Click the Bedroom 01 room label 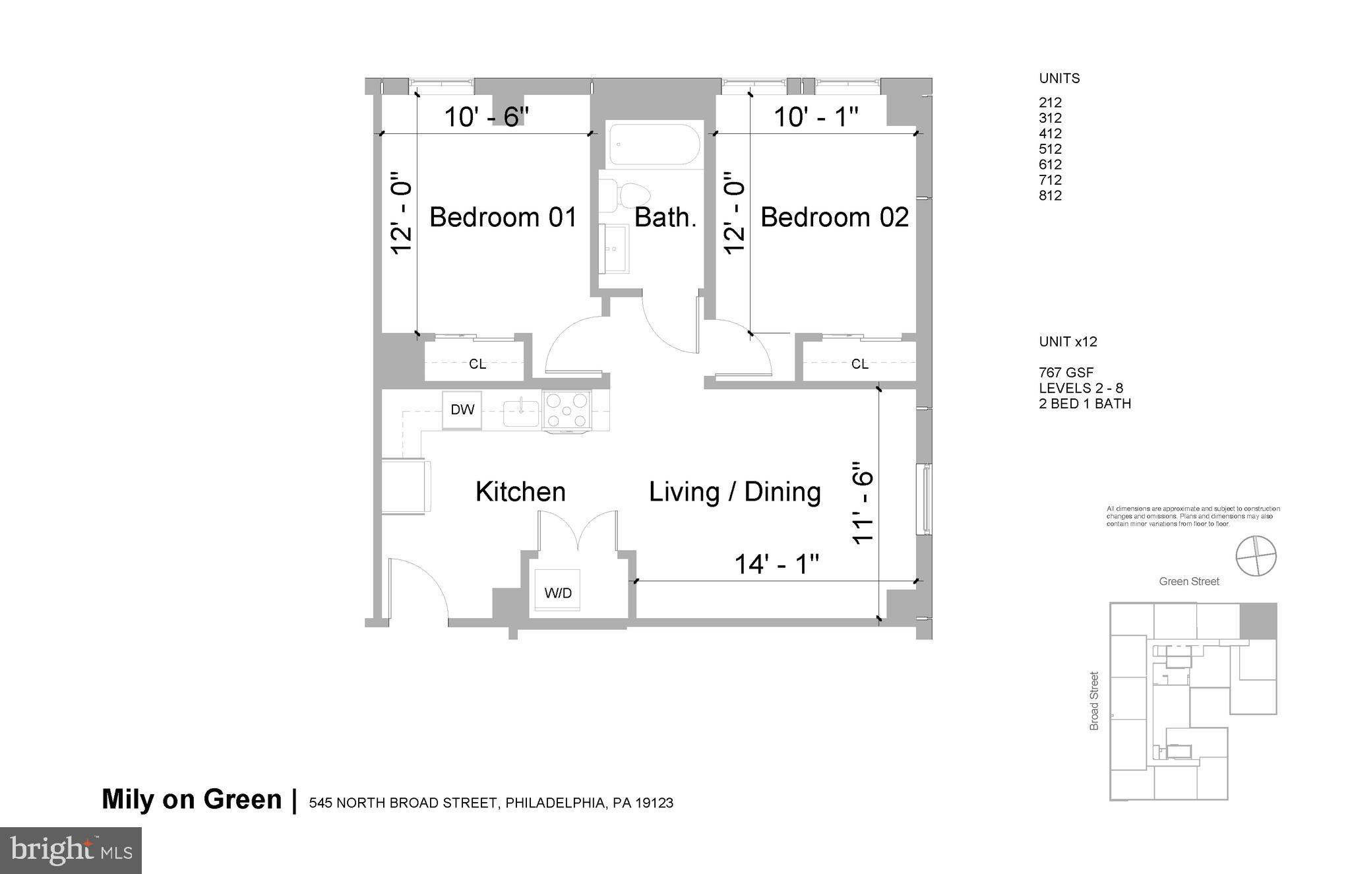(x=503, y=217)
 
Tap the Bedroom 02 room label (x=834, y=217)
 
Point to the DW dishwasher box (x=462, y=410)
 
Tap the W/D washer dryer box (x=557, y=592)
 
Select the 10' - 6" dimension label (x=486, y=117)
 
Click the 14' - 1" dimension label (x=776, y=564)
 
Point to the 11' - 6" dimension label (x=863, y=502)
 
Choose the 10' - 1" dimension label (x=815, y=117)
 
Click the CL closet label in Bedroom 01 (x=477, y=364)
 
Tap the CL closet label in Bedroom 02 (x=859, y=364)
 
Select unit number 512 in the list (x=1050, y=149)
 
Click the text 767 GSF (x=1066, y=373)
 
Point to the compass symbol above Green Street (x=1256, y=556)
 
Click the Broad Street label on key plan (x=1094, y=701)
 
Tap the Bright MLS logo (x=71, y=850)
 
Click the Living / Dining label (x=735, y=492)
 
